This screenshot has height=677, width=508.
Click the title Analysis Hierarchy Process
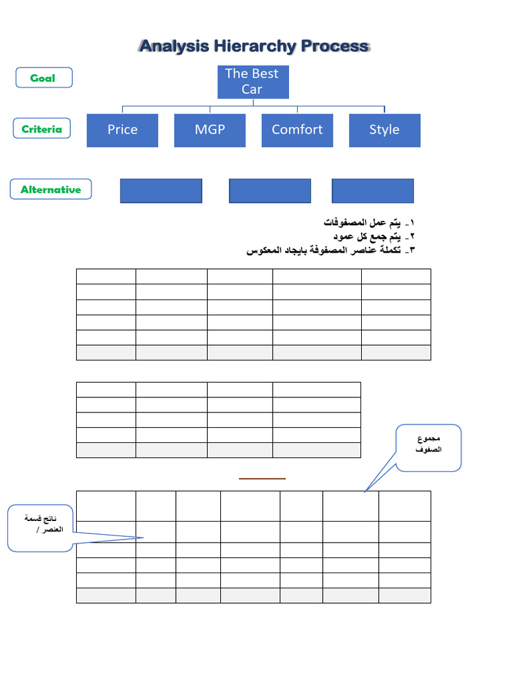(x=254, y=46)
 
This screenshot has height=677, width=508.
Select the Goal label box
(x=43, y=78)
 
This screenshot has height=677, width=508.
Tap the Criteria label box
(x=42, y=130)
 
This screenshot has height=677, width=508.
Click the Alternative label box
(x=51, y=190)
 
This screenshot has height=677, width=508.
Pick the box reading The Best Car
(x=251, y=81)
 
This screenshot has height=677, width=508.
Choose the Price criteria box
(x=122, y=130)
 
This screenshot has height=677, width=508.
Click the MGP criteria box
(x=210, y=130)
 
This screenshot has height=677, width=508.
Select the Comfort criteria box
(x=297, y=130)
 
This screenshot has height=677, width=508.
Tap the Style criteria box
(x=384, y=130)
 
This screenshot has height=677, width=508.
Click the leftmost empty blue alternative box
(x=161, y=190)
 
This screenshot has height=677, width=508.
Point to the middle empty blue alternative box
(x=270, y=190)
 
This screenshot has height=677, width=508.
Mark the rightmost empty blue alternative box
(x=372, y=190)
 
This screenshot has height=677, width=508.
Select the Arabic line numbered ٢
(x=374, y=236)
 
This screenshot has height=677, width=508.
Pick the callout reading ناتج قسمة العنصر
(x=40, y=527)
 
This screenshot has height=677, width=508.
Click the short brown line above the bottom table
(x=262, y=478)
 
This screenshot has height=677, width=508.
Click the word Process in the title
(x=335, y=46)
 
